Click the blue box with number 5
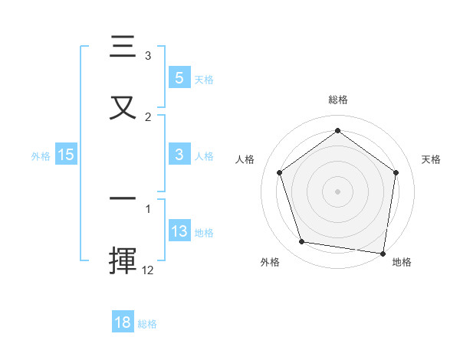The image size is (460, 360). (179, 77)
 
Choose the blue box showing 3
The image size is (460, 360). (179, 155)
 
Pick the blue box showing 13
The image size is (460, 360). (179, 231)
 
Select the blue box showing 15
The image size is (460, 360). (66, 155)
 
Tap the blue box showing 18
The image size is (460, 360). (123, 322)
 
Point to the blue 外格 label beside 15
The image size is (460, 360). (41, 155)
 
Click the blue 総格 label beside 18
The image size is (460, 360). (147, 323)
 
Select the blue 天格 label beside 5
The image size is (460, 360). (204, 78)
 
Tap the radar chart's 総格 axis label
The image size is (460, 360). (337, 100)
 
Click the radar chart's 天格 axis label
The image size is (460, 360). (432, 159)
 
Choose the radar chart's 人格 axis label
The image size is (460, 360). (245, 159)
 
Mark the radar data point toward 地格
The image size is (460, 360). (383, 253)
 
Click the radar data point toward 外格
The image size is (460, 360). (302, 242)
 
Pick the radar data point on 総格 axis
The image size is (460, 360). (337, 130)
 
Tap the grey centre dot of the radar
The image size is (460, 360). (337, 191)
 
